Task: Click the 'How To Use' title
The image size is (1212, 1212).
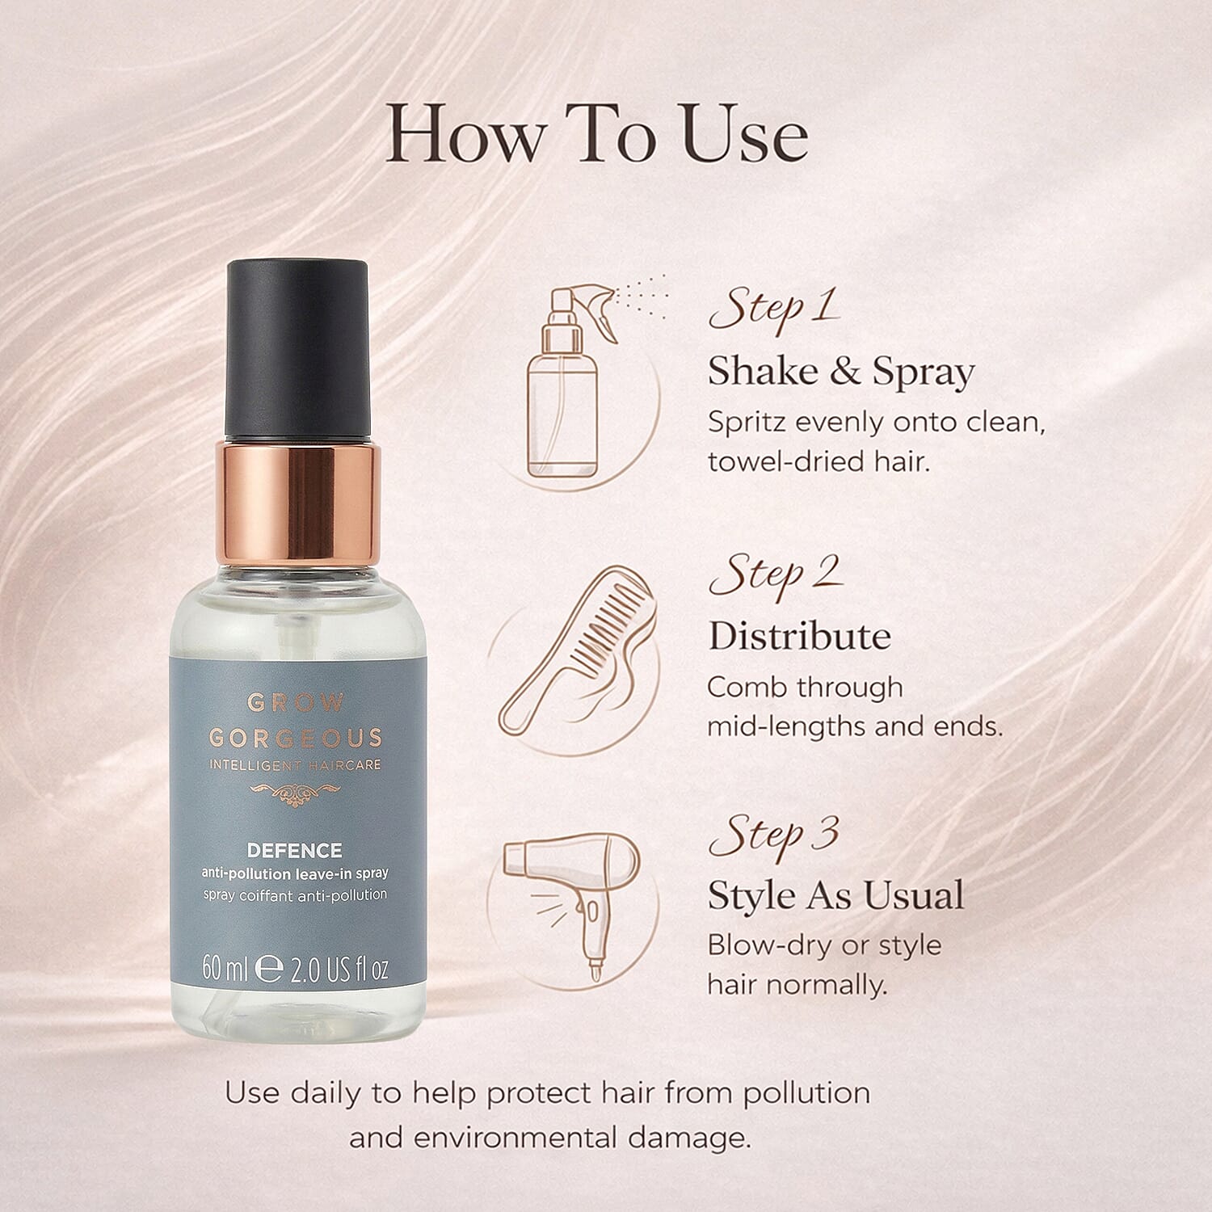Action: pos(596,134)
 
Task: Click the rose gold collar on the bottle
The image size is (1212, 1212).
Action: pos(297,501)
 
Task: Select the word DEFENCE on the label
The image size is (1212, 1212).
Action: pos(295,850)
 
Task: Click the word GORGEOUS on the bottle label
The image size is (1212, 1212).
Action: pos(296,738)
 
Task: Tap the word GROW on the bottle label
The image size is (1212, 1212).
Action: pos(296,702)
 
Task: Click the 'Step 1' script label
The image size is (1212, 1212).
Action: pos(773,309)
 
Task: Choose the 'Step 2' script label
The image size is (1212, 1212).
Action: pos(775,574)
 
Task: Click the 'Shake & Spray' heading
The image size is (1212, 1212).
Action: pos(841,372)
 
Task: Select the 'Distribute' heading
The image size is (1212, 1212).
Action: pos(799,636)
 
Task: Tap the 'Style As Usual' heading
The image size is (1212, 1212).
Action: pos(835,895)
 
